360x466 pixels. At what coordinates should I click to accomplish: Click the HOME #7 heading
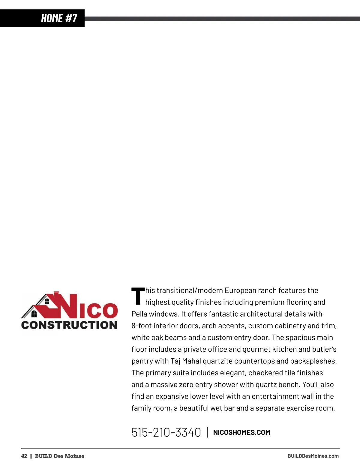pos(59,18)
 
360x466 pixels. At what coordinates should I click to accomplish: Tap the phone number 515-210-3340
pos(166,432)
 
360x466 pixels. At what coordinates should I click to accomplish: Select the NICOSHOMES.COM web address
pos(241,432)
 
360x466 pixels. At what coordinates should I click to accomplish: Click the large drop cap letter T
pos(138,296)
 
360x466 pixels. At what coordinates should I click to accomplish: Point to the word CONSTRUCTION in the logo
pos(69,325)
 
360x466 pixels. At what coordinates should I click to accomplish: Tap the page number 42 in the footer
pos(24,456)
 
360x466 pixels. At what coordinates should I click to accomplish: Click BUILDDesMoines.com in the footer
pos(313,456)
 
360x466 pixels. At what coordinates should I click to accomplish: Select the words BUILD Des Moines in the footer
pos(60,456)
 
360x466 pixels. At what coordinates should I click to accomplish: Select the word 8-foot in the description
pos(141,326)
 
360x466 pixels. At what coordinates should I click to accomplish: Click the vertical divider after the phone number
pos(207,432)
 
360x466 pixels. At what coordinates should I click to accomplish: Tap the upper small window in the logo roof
pos(47,301)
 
